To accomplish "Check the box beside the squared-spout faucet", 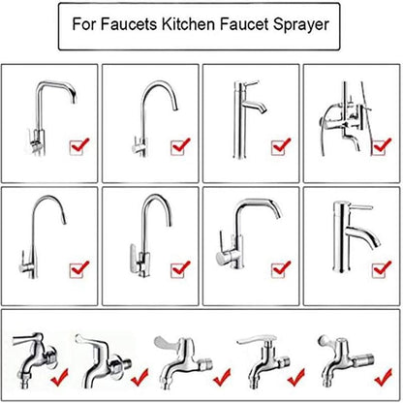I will coord(79,147).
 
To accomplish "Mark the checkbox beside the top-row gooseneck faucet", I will coord(180,147).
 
